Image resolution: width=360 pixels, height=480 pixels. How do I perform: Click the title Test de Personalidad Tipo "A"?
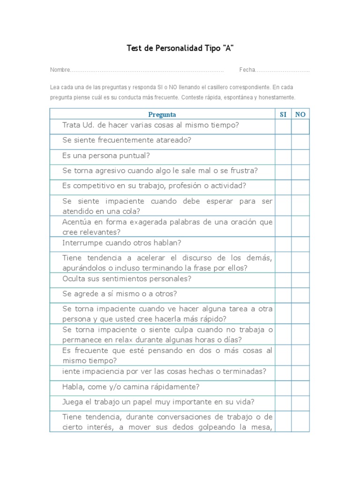pyautogui.click(x=180, y=48)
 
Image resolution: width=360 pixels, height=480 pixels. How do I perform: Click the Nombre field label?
pyautogui.click(x=60, y=70)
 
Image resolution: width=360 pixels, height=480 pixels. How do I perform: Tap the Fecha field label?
pyautogui.click(x=247, y=70)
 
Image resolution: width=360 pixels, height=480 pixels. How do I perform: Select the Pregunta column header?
pyautogui.click(x=162, y=114)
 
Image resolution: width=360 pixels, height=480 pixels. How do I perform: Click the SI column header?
pyautogui.click(x=283, y=114)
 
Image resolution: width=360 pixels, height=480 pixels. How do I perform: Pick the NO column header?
pyautogui.click(x=300, y=114)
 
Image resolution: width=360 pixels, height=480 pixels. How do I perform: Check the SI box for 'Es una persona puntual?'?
pyautogui.click(x=283, y=157)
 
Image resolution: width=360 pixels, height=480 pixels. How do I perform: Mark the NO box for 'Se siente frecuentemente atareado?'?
pyautogui.click(x=300, y=142)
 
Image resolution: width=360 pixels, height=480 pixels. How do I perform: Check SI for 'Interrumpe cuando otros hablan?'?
pyautogui.click(x=283, y=244)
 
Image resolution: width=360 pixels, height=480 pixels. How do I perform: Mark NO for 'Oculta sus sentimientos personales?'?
pyautogui.click(x=300, y=280)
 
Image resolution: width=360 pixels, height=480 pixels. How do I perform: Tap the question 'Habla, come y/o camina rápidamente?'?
pyautogui.click(x=131, y=387)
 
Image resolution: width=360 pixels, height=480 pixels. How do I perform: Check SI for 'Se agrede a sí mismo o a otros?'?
pyautogui.click(x=283, y=295)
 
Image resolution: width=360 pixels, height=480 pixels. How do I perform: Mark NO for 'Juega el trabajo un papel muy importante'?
pyautogui.click(x=300, y=403)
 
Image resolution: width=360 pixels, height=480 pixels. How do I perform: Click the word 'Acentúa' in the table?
pyautogui.click(x=76, y=222)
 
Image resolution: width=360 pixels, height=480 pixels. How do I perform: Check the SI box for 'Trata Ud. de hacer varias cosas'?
pyautogui.click(x=283, y=127)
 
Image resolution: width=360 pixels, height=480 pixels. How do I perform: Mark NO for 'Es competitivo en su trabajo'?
pyautogui.click(x=300, y=187)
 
